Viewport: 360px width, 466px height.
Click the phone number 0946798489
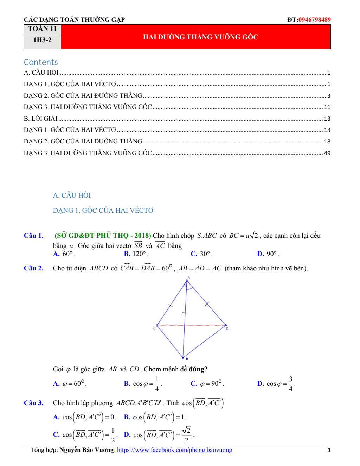tap(314, 20)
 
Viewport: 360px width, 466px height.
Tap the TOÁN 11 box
tap(42, 29)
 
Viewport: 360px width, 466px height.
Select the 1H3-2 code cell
tap(42, 40)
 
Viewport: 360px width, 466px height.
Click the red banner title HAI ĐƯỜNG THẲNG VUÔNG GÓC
tap(200, 37)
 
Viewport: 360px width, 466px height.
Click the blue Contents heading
tap(41, 62)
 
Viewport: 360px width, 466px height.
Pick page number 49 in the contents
tap(327, 153)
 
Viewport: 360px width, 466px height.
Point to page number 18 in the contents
tap(327, 141)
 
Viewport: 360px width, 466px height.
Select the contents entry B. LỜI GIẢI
tap(41, 119)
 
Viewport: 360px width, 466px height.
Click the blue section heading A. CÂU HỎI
tap(72, 195)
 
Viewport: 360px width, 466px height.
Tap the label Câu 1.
tap(33, 236)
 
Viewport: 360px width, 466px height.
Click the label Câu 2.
tap(33, 268)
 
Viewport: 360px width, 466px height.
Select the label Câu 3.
tap(33, 403)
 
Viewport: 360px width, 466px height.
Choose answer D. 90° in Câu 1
tap(268, 254)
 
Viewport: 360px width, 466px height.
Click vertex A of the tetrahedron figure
tap(187, 281)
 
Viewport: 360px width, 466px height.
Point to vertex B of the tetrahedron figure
tap(183, 357)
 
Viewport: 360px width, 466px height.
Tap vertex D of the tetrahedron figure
tap(226, 325)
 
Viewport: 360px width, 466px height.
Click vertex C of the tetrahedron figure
tap(157, 326)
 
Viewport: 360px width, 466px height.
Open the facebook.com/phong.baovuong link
tap(174, 450)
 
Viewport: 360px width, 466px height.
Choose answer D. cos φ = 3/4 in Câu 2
tap(276, 384)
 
